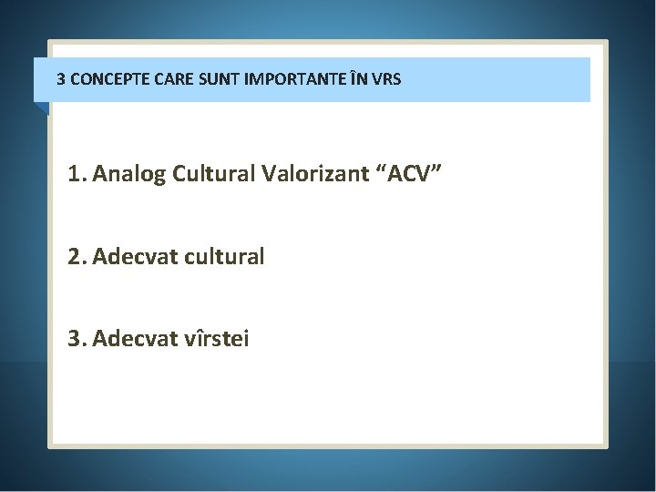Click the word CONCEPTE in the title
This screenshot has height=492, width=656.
coord(104,79)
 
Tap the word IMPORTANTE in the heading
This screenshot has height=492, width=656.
coord(285,79)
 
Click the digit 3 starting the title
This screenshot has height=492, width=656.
coord(61,79)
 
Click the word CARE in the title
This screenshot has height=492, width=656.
coord(165,79)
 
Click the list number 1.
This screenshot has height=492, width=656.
coord(73,175)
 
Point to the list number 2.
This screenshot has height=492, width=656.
coord(73,257)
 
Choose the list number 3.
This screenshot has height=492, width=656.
coord(73,340)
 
